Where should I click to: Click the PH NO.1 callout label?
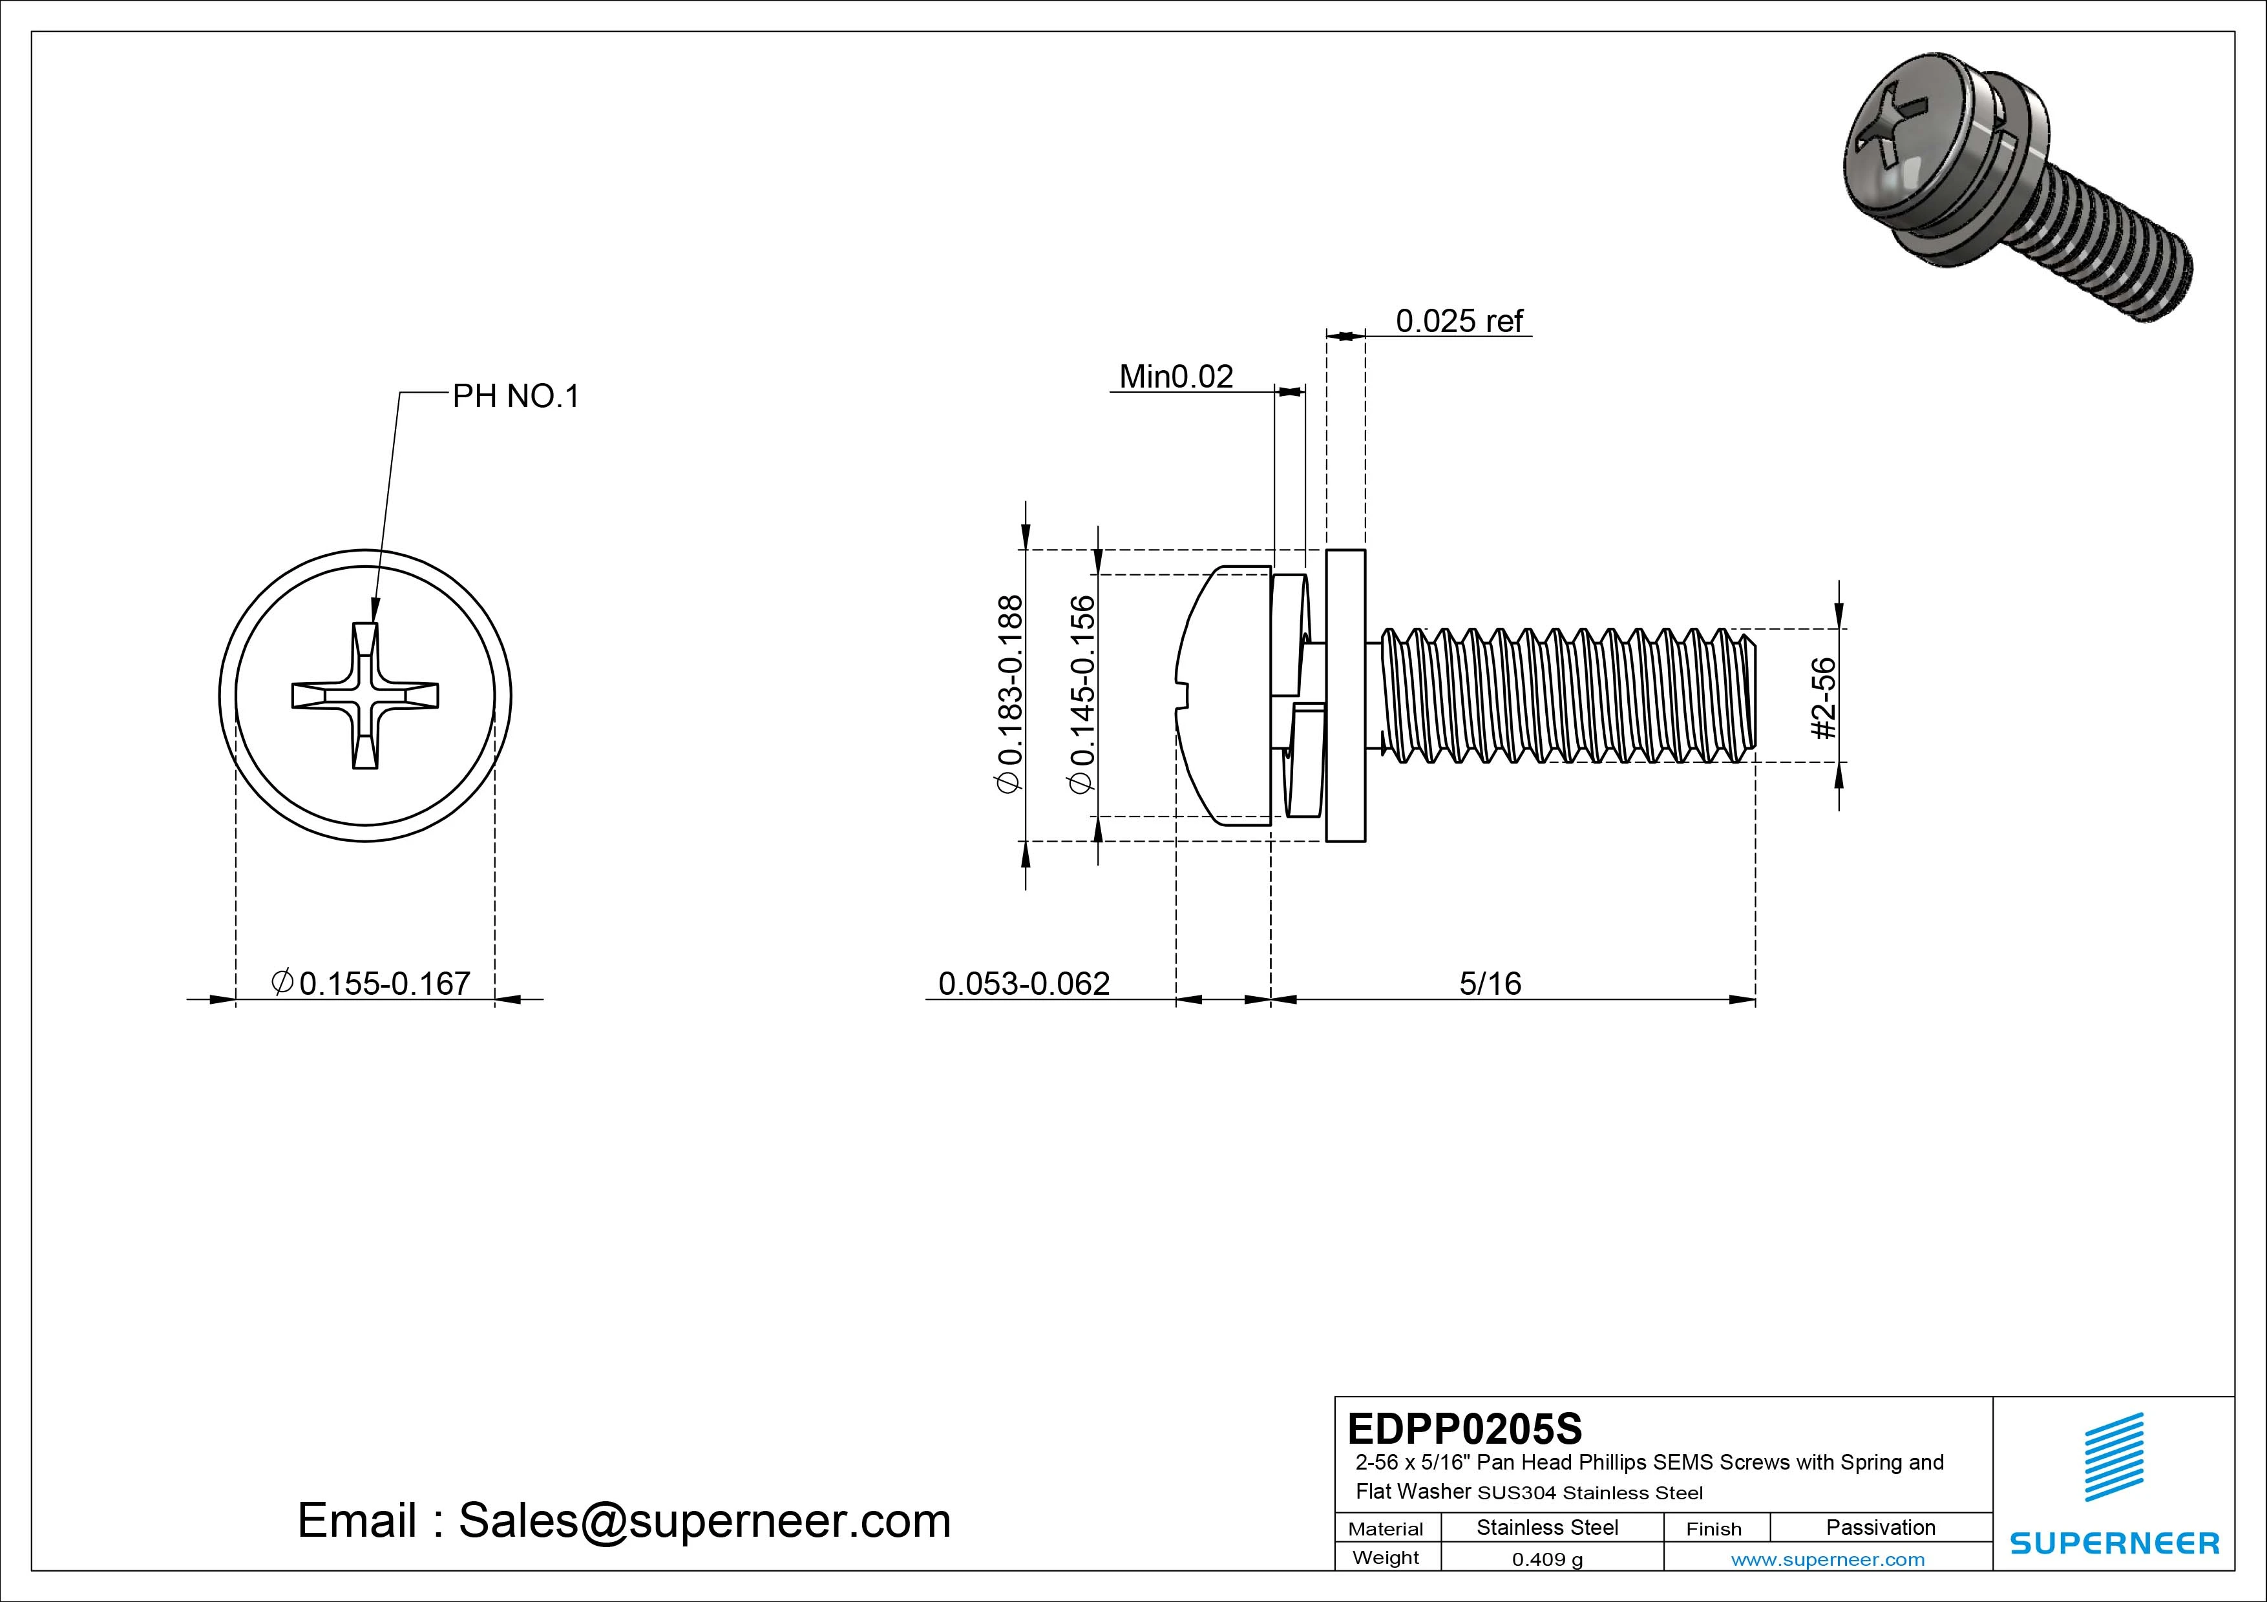click(x=516, y=397)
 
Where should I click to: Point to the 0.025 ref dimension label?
click(x=1459, y=321)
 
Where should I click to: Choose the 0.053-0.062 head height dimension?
click(x=1023, y=983)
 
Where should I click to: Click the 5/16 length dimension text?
click(x=1490, y=983)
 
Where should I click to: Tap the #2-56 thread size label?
click(x=1825, y=698)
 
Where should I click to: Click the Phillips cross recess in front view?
click(x=365, y=696)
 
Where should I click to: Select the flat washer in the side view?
click(x=1345, y=696)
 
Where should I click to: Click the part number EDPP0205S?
click(x=1464, y=1428)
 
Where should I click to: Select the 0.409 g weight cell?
click(x=1547, y=1559)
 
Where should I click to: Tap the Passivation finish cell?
click(x=1880, y=1527)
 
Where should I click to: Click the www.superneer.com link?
click(x=1828, y=1559)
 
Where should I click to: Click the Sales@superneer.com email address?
click(x=704, y=1520)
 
